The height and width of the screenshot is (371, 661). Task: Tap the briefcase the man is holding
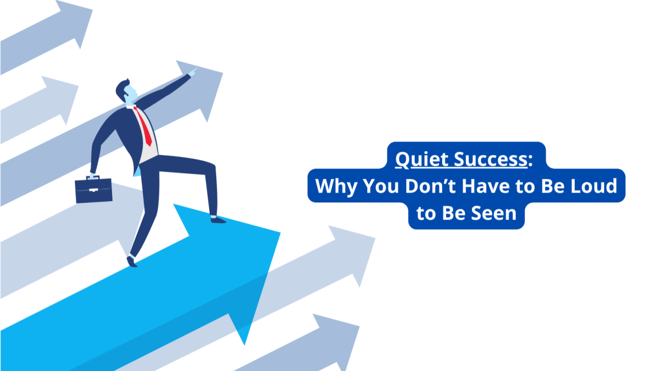point(93,190)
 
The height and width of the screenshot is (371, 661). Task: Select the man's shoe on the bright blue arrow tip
point(218,220)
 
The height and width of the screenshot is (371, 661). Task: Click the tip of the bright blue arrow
point(279,233)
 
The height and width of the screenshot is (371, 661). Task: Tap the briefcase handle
point(93,178)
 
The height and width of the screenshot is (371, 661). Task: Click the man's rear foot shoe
point(132,262)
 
